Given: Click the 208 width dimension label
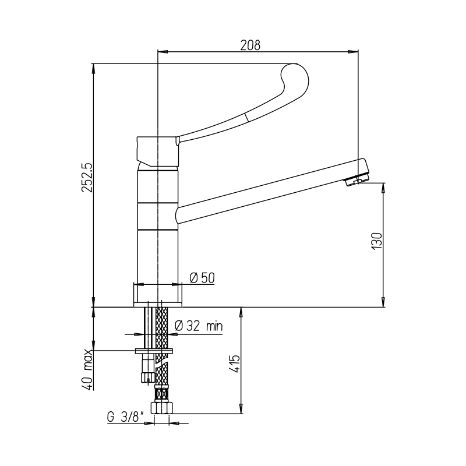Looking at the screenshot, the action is click(x=250, y=45).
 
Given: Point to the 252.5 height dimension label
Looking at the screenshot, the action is click(x=87, y=178).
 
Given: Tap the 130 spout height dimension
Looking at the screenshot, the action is click(x=377, y=241).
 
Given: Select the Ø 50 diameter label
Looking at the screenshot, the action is click(x=202, y=278).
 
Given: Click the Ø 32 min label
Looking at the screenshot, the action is click(x=199, y=326).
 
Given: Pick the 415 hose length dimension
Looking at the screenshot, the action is click(x=235, y=363).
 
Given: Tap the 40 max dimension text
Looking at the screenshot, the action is click(x=89, y=369).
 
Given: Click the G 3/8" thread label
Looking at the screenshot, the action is click(x=125, y=417).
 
